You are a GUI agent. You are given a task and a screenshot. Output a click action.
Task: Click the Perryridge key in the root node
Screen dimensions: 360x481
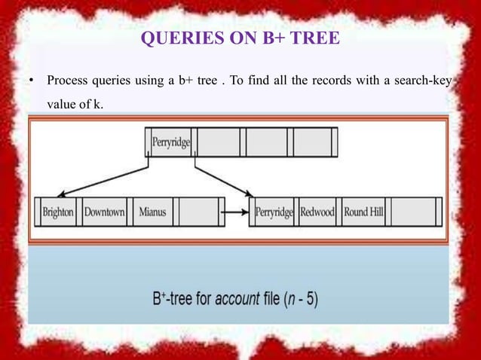pos(171,141)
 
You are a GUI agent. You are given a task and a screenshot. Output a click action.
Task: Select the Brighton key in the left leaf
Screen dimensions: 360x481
pos(58,212)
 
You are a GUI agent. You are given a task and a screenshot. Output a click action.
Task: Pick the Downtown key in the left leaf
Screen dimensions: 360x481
pos(104,212)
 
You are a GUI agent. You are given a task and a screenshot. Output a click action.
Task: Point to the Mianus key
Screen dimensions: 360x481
pos(153,212)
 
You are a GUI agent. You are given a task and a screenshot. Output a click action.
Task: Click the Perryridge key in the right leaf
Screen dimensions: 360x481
pos(274,212)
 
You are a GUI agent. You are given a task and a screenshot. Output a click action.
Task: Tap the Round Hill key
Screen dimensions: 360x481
pos(364,212)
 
